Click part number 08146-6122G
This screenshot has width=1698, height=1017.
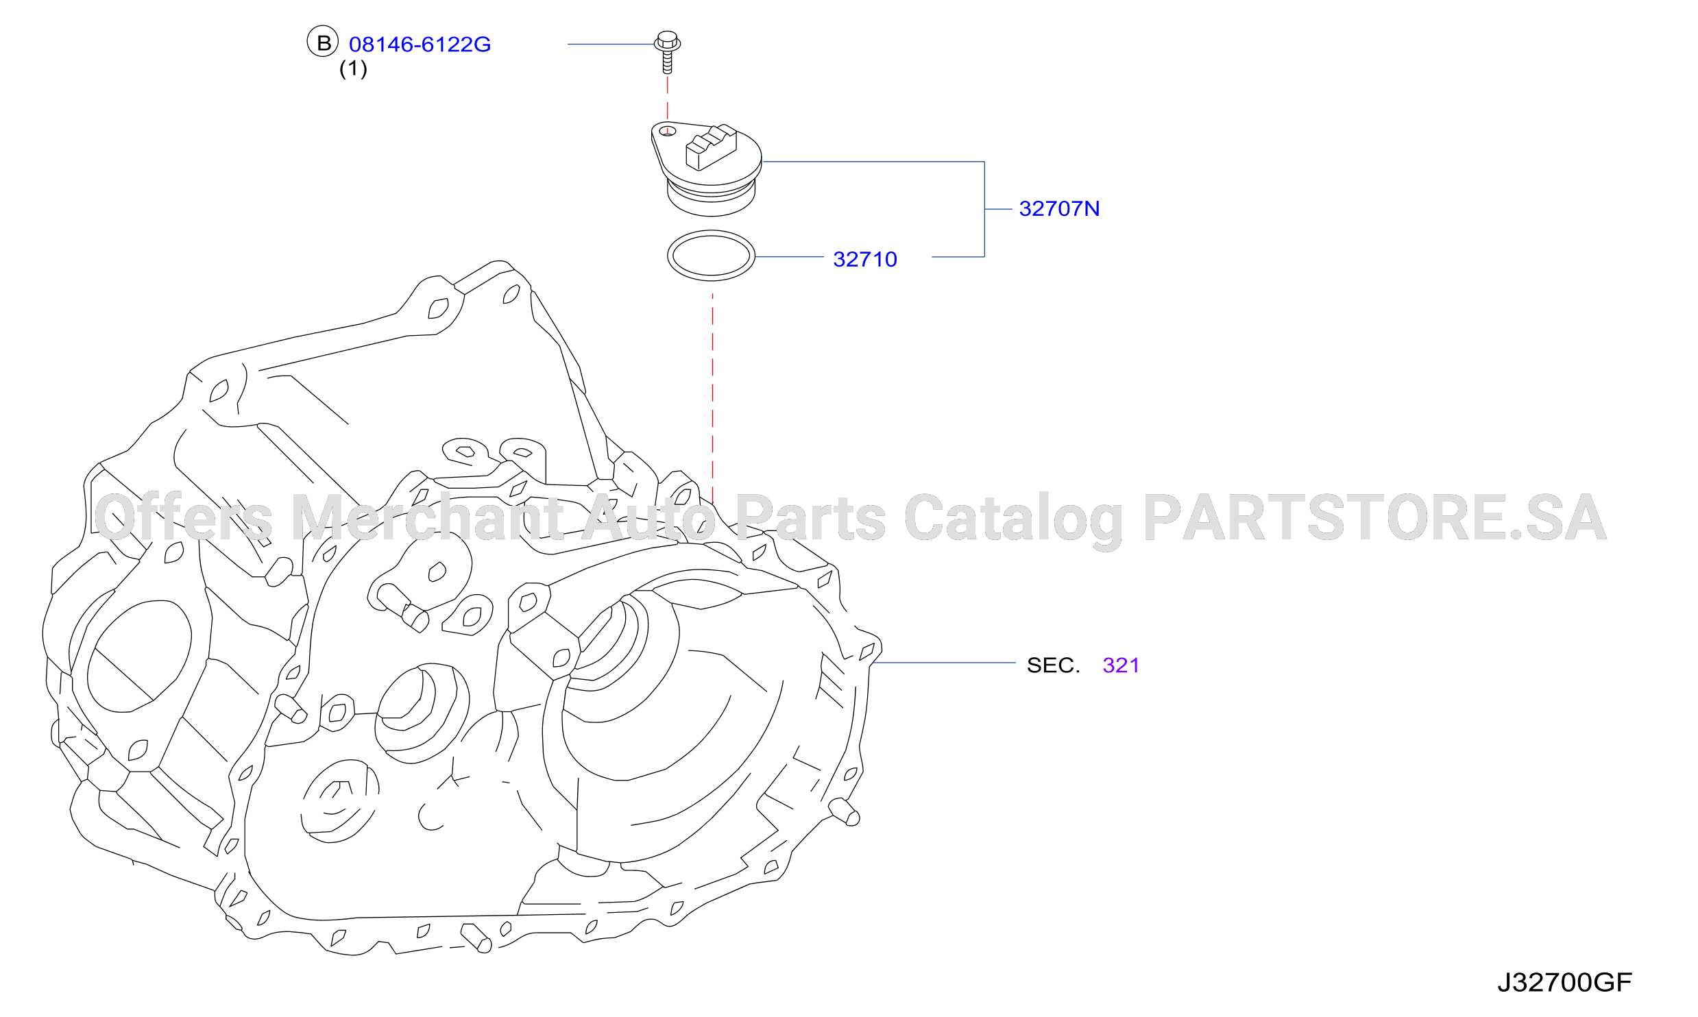tap(420, 45)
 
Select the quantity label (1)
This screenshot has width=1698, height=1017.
tap(353, 69)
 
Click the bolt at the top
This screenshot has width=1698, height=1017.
tap(667, 51)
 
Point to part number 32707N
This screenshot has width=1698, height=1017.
tap(1059, 208)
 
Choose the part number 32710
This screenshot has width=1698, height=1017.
tap(865, 259)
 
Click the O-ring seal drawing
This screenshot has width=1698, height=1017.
tap(711, 233)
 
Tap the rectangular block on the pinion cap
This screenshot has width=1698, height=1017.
tap(711, 147)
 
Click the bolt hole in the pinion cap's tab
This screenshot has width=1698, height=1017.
tap(667, 131)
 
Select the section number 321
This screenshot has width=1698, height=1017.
tap(1121, 665)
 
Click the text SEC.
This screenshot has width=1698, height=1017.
tap(1053, 665)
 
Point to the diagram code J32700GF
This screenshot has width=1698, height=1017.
tap(1564, 983)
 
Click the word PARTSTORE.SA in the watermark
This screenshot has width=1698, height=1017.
tap(1374, 517)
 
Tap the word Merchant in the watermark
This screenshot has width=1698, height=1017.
tap(428, 517)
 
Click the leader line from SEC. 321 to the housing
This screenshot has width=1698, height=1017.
tap(943, 663)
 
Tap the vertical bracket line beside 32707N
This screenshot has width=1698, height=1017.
tap(984, 209)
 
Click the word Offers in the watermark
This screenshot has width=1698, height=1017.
tap(183, 517)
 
